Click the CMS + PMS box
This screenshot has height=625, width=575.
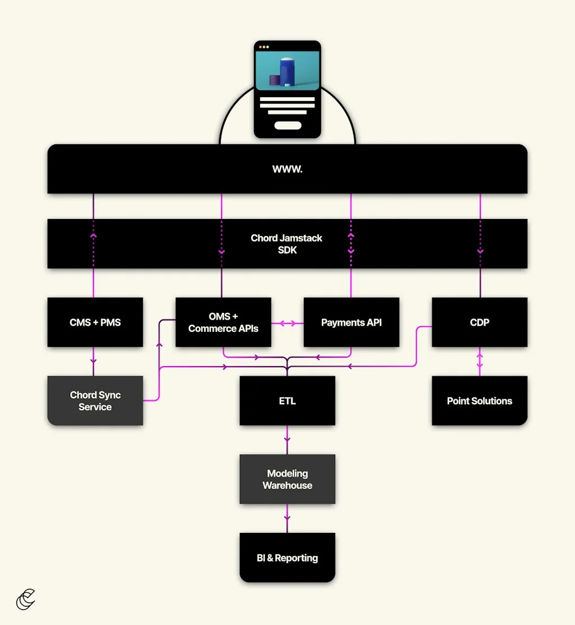(x=95, y=322)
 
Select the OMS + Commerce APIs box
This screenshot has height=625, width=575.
(x=223, y=322)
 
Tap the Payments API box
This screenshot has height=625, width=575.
(x=351, y=322)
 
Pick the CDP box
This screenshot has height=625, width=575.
(x=479, y=322)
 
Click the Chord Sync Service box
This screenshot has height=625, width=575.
(x=95, y=400)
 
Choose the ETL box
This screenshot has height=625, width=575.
(x=287, y=400)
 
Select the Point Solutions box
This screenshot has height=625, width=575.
(x=479, y=400)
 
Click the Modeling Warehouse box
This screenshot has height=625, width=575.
(x=287, y=479)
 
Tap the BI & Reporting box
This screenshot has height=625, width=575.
(x=287, y=558)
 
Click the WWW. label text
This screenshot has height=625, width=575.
(x=287, y=169)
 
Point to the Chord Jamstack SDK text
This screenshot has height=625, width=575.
(x=287, y=244)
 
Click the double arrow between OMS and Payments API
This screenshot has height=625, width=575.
(x=287, y=323)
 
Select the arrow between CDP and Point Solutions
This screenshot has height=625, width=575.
(x=480, y=361)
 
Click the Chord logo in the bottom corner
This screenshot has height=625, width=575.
(x=26, y=599)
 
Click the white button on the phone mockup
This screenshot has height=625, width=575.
(x=287, y=125)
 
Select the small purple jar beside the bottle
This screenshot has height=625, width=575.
(x=274, y=80)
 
